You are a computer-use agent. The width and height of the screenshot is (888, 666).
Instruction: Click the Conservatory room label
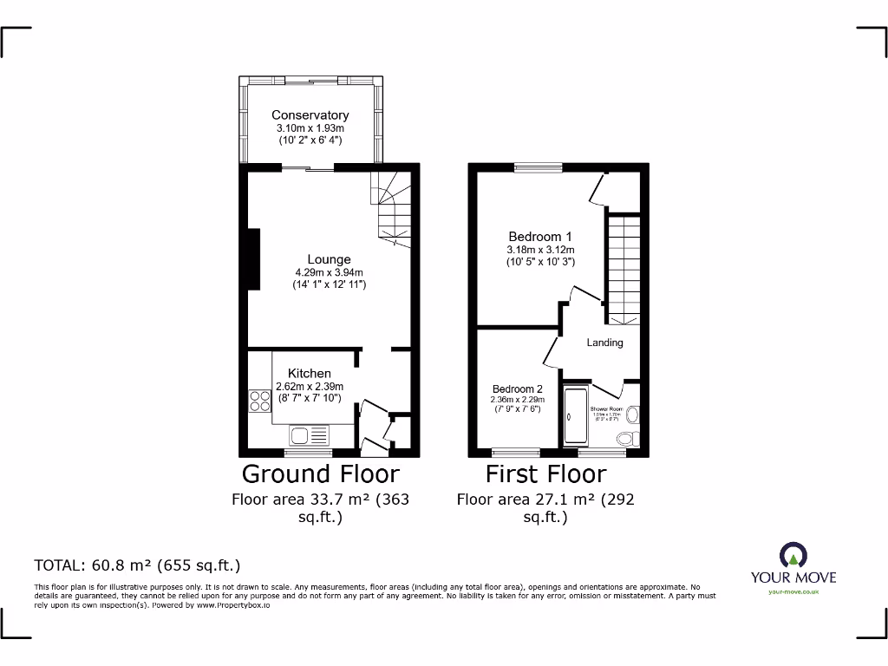point(310,114)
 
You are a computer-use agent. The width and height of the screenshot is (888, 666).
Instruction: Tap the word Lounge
point(329,258)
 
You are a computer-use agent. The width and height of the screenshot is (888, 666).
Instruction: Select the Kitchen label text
point(310,373)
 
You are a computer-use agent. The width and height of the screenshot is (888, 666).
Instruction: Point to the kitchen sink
point(310,435)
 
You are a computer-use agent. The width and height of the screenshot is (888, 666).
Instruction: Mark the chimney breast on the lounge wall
point(254,258)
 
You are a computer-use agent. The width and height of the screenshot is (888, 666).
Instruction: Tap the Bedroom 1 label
point(539,236)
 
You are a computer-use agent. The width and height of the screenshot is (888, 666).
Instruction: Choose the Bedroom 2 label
point(518,388)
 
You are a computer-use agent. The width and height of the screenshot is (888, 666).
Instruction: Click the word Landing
point(604,343)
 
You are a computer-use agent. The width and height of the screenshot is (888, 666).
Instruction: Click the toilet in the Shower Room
point(631,416)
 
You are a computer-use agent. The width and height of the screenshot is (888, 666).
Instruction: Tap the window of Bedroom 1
point(538,166)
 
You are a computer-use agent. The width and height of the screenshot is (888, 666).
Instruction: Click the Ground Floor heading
point(320,473)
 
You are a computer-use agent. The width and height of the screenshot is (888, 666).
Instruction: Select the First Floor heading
point(545,473)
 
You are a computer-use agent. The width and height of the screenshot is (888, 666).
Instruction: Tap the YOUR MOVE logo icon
point(793,555)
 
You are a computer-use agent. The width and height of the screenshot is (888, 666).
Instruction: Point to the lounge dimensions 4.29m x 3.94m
point(329,272)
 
